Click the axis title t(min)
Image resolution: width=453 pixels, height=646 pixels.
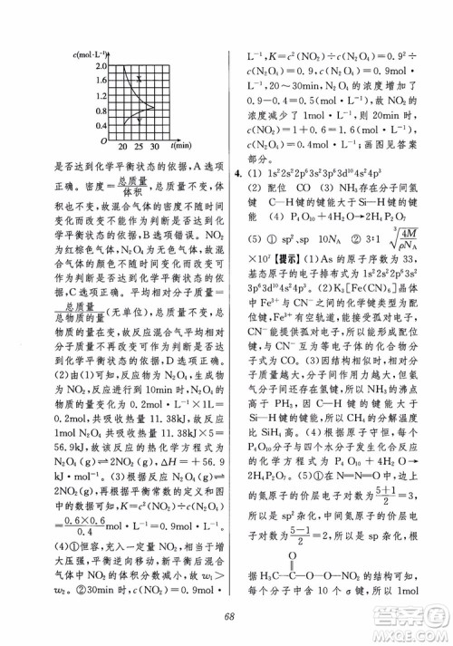(178, 145)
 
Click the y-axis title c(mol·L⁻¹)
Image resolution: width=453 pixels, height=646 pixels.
(93, 53)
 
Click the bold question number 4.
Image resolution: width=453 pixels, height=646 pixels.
(236, 172)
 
